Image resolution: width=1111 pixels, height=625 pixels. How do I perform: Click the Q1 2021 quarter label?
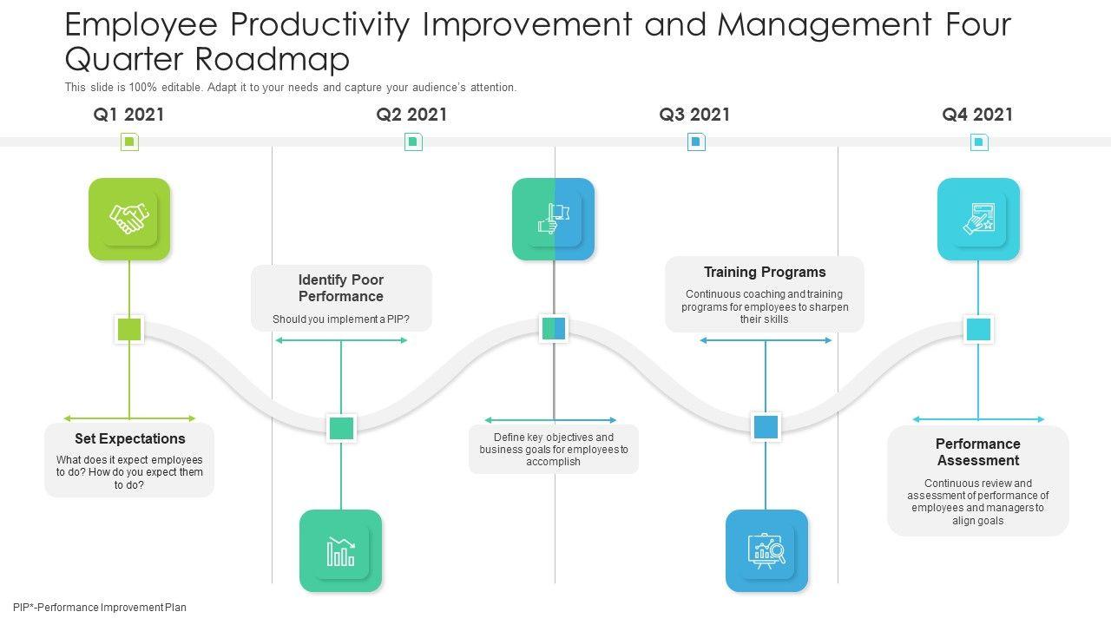click(x=128, y=115)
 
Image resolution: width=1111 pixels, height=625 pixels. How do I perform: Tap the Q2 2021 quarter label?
click(x=411, y=115)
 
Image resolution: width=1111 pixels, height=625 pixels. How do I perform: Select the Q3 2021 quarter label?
click(x=694, y=115)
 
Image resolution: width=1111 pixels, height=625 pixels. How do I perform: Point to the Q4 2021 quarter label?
click(x=977, y=115)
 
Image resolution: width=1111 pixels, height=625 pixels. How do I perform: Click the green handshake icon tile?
click(x=129, y=219)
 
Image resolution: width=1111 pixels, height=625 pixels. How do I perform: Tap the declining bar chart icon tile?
click(x=340, y=550)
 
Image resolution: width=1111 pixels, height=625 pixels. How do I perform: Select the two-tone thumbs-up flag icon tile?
click(x=553, y=219)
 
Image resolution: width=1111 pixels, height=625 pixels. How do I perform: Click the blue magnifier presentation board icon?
click(x=766, y=550)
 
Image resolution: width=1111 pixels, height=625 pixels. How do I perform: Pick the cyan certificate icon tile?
click(x=978, y=219)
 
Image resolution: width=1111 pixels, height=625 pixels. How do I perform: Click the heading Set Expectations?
click(x=129, y=439)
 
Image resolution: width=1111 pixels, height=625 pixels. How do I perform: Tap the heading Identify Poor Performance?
click(x=341, y=288)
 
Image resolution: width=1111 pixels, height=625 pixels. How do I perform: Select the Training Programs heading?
click(x=765, y=273)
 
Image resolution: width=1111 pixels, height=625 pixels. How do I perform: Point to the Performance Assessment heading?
click(x=977, y=452)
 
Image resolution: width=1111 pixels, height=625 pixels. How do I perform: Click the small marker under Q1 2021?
click(x=129, y=141)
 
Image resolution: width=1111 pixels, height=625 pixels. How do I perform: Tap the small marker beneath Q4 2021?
click(x=979, y=141)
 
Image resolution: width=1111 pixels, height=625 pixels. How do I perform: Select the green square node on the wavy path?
click(x=129, y=329)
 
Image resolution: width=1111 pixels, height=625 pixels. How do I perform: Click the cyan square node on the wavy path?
click(x=978, y=329)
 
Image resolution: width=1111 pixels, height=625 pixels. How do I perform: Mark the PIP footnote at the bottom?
click(x=100, y=608)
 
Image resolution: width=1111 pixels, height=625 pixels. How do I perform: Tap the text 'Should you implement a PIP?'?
click(x=341, y=319)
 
